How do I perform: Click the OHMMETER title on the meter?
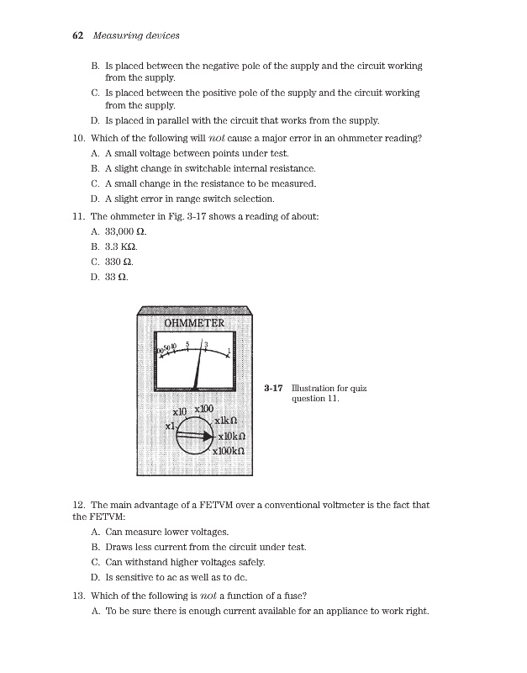194,323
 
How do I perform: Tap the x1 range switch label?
170,427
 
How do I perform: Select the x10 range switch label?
179,413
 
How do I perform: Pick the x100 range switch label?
205,409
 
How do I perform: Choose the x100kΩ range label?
228,451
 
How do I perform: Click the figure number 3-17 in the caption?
271,388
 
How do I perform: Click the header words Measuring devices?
136,35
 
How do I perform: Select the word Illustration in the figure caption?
314,388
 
